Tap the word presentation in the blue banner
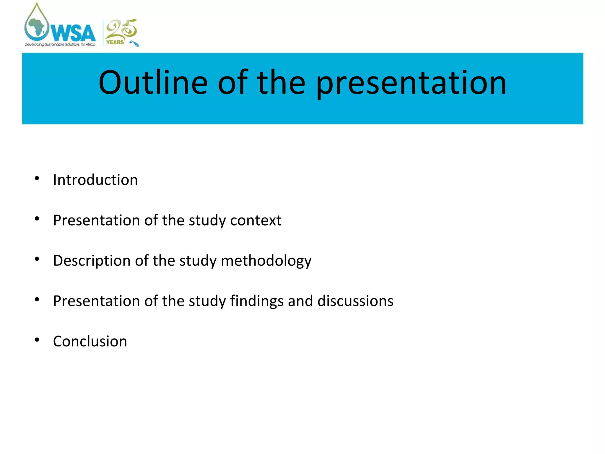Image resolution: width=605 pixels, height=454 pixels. tap(411, 84)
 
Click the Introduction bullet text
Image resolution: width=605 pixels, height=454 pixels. tap(95, 180)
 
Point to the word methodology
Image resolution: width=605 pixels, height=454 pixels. tap(266, 261)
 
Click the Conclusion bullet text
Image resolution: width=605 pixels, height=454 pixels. tap(90, 341)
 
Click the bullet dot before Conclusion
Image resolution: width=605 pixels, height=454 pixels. tap(37, 340)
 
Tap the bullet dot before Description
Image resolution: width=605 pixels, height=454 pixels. tap(37, 259)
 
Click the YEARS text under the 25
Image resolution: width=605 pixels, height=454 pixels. tap(115, 42)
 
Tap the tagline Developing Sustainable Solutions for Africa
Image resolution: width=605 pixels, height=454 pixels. tap(60, 45)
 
